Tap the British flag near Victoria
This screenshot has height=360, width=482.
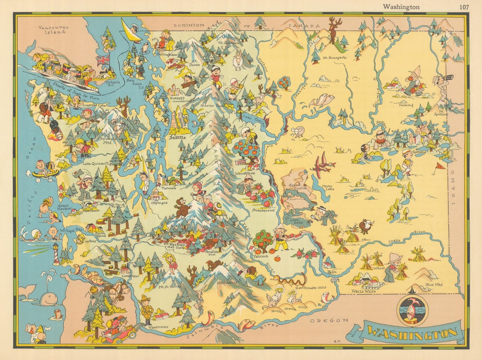(x=103, y=60)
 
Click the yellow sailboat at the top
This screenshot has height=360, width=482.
(x=130, y=31)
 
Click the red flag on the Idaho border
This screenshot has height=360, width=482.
(x=439, y=166)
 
